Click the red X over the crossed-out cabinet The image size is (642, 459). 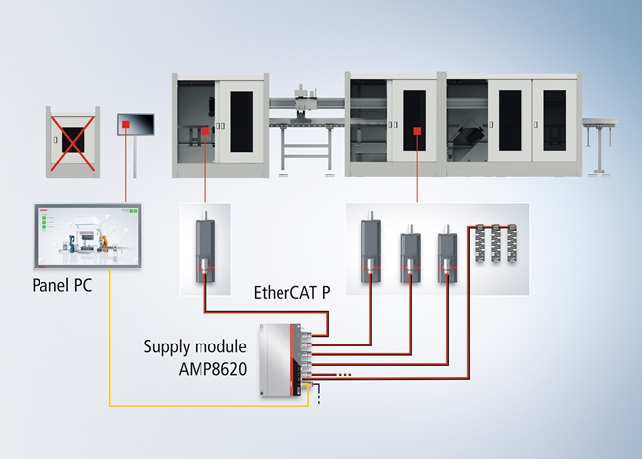(x=73, y=143)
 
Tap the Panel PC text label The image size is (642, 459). (x=62, y=285)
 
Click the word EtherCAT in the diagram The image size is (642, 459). (x=285, y=293)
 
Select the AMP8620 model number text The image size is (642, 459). (x=212, y=369)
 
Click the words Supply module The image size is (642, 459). (x=195, y=346)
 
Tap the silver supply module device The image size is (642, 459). (x=282, y=359)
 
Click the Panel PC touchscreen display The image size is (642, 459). (x=88, y=236)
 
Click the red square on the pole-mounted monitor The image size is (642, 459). (x=126, y=124)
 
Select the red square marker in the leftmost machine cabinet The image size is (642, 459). (x=205, y=131)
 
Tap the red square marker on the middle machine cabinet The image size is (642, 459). (x=417, y=131)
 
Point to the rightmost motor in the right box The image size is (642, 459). (x=447, y=254)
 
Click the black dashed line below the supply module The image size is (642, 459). (x=319, y=394)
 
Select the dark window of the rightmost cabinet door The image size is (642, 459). (x=554, y=120)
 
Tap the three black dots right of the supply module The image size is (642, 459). (x=343, y=374)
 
